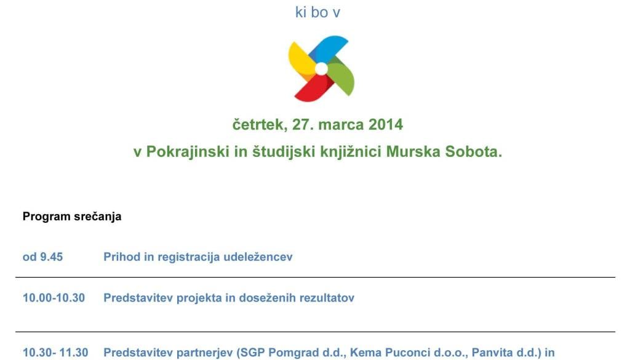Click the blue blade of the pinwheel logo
coord(330,48)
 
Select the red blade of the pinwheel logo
coord(313,89)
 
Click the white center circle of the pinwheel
coord(321,69)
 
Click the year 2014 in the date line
coord(386,124)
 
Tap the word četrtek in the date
coord(260,124)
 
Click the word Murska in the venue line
coord(413,152)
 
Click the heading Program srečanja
coord(72,217)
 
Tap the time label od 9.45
coord(42,257)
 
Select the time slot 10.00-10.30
coord(54,298)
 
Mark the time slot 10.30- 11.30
coord(55,353)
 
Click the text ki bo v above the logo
coord(318,12)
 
